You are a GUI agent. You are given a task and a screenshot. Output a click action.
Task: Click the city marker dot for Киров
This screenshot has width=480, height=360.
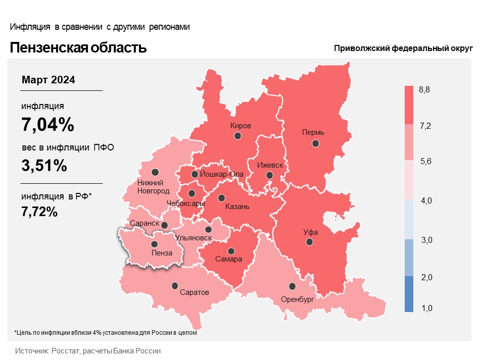click(237, 136)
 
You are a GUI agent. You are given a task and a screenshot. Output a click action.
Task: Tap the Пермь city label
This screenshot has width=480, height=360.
click(313, 132)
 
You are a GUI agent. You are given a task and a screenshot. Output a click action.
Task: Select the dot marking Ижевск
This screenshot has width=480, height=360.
click(269, 175)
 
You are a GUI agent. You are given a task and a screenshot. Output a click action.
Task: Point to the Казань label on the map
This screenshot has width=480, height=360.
click(237, 207)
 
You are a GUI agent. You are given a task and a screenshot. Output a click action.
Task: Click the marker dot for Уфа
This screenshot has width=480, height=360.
click(310, 242)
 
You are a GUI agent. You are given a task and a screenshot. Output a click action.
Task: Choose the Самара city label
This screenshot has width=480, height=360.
click(228, 260)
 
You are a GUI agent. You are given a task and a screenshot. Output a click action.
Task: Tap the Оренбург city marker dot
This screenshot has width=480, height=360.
click(293, 286)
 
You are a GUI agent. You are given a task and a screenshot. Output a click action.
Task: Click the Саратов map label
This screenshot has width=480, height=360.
click(195, 292)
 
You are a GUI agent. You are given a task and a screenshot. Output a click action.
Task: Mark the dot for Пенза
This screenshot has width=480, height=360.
click(154, 244)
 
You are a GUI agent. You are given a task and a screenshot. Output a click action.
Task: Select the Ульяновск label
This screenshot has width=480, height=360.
click(193, 238)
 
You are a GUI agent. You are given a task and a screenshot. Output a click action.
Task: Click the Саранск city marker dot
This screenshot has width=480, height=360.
click(164, 225)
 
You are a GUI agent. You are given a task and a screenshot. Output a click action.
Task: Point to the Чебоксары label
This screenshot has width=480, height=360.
click(185, 203)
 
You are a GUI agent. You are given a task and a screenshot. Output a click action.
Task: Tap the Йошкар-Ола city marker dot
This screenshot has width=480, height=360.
click(195, 174)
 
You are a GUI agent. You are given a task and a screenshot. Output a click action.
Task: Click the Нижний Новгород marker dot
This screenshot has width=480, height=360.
click(155, 172)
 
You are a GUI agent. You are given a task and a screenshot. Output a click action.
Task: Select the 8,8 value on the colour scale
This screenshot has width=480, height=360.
click(424, 89)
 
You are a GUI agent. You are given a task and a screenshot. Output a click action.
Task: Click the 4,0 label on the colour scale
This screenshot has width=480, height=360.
click(426, 200)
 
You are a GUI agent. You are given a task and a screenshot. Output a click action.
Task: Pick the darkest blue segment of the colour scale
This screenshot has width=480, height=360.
click(409, 294)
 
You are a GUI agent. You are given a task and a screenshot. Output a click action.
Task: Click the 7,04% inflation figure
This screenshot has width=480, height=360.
click(48, 124)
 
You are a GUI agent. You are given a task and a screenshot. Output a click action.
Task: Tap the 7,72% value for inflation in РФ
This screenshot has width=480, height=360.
click(39, 212)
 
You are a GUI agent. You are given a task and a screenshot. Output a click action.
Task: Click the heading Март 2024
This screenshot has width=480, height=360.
click(49, 80)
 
